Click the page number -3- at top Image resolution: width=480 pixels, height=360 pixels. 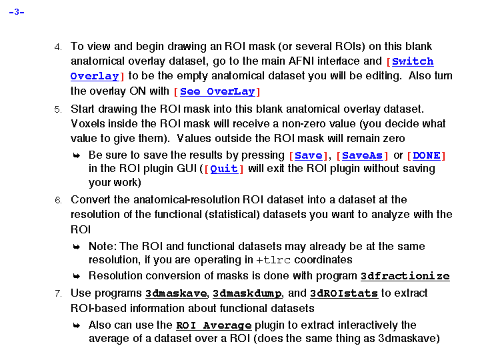tap(17, 13)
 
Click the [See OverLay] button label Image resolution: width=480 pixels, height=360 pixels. tap(217, 91)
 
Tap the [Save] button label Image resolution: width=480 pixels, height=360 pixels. tap(309, 155)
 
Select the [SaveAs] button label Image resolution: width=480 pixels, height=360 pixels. tap(362, 155)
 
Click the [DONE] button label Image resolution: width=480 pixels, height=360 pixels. tap(426, 155)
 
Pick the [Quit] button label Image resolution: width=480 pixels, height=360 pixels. tap(224, 169)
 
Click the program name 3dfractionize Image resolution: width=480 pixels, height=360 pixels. tap(405, 276)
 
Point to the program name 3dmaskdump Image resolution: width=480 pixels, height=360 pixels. tap(247, 293)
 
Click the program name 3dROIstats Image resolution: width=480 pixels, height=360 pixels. tap(343, 293)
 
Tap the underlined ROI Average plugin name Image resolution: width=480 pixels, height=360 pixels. tap(213, 325)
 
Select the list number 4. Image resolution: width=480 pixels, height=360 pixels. tap(58, 47)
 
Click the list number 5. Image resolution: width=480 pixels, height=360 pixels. tap(58, 109)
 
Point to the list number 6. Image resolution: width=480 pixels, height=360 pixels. tap(58, 200)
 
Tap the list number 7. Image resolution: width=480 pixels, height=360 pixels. tap(58, 293)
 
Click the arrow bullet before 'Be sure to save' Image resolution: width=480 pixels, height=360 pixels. tap(77, 155)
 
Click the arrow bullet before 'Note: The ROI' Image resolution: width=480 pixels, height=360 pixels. tap(77, 247)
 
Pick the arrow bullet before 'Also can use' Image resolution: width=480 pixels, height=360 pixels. tap(77, 325)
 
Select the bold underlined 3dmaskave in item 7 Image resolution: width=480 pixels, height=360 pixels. tap(176, 293)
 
